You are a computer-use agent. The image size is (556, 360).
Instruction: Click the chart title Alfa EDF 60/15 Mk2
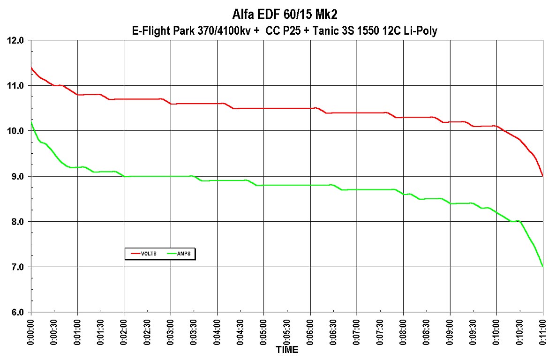(x=278, y=14)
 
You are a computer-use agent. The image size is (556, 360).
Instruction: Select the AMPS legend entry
(x=180, y=254)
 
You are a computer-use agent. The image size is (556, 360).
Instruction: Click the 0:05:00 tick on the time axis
(x=264, y=331)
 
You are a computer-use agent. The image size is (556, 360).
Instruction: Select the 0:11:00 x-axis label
(x=543, y=331)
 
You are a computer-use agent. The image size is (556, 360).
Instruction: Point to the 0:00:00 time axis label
(x=31, y=331)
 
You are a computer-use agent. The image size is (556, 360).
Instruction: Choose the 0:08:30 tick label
(x=427, y=331)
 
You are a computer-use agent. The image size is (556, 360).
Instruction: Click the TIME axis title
(x=286, y=350)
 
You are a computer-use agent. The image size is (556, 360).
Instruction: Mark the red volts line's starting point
(x=31, y=67)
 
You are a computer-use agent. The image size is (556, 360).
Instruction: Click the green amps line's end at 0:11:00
(x=542, y=266)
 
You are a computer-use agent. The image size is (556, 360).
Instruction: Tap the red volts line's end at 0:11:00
(x=542, y=175)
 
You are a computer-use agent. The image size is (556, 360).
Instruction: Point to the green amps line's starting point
(x=31, y=122)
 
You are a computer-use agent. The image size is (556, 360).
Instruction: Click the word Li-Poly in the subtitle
(x=421, y=30)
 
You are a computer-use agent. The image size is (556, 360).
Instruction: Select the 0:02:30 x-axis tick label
(x=148, y=331)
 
